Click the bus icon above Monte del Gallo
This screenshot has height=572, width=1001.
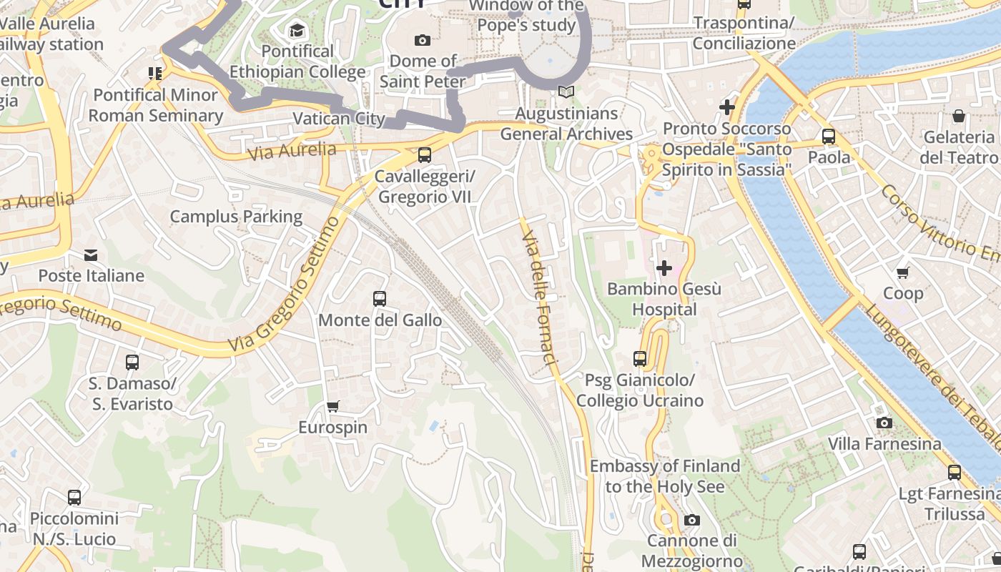(x=380, y=299)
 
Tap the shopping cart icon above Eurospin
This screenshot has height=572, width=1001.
(x=332, y=407)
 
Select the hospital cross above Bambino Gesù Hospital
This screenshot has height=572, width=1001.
(x=664, y=268)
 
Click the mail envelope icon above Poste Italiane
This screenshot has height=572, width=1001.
(x=91, y=255)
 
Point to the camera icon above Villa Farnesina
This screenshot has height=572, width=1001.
(x=884, y=423)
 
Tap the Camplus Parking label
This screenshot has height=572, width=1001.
(x=236, y=216)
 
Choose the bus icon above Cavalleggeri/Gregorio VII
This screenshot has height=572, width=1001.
(x=425, y=154)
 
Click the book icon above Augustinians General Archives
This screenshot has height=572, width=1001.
(x=566, y=92)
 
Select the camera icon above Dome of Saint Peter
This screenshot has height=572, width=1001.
(x=423, y=40)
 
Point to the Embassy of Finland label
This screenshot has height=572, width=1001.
(x=664, y=476)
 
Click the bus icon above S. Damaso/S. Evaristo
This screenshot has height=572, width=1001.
(x=132, y=363)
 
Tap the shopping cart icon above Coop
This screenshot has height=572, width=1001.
(x=903, y=272)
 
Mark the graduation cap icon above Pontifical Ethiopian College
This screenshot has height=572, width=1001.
(x=297, y=30)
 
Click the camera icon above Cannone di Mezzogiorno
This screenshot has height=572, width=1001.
(x=691, y=520)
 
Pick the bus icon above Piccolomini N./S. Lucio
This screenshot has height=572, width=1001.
(x=74, y=498)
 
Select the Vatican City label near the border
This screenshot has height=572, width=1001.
(x=339, y=119)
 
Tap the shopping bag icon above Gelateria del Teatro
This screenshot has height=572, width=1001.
(x=958, y=116)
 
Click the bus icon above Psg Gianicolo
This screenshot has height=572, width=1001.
(x=640, y=359)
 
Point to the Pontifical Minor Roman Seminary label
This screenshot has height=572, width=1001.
(x=156, y=105)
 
